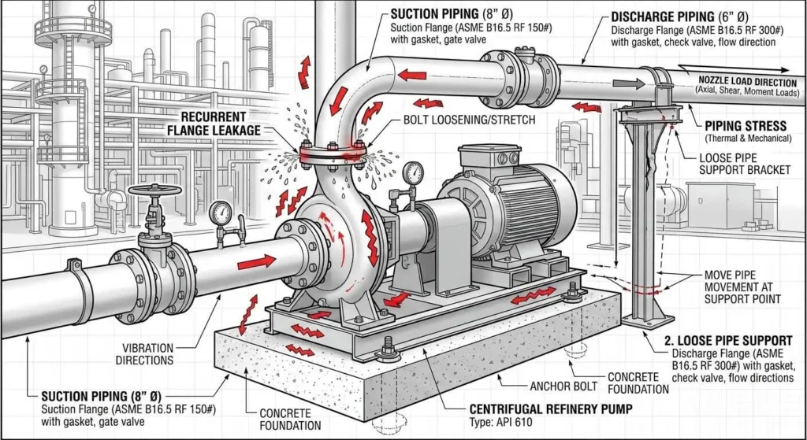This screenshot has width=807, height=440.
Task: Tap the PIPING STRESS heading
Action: click(745, 125)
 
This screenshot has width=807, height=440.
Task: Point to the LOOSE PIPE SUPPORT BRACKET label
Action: click(745, 163)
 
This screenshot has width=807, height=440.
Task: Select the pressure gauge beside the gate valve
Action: click(222, 212)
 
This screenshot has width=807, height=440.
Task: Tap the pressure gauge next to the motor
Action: click(410, 172)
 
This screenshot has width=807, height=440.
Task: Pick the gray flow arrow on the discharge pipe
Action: click(628, 83)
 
